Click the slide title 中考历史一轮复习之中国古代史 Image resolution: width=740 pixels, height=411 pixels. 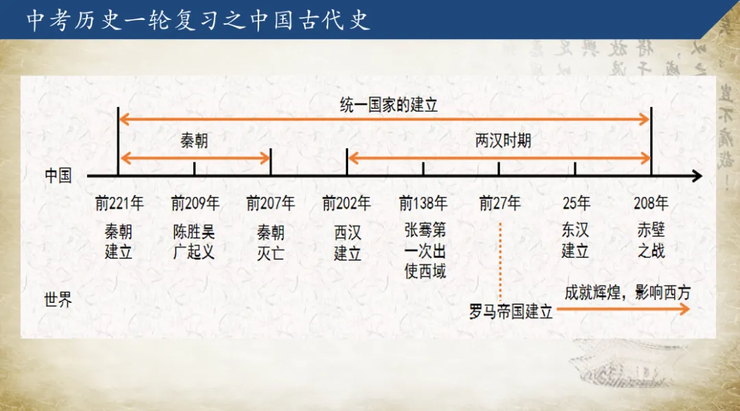pyautogui.click(x=199, y=21)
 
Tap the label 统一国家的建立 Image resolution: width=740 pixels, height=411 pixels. pyautogui.click(x=388, y=105)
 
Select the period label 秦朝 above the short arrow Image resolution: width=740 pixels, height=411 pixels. pyautogui.click(x=194, y=142)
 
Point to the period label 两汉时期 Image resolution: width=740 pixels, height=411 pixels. pyautogui.click(x=503, y=142)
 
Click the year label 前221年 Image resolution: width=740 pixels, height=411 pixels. pyautogui.click(x=119, y=203)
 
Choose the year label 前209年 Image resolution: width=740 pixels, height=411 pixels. pyautogui.click(x=195, y=203)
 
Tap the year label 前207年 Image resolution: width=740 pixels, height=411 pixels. pyautogui.click(x=271, y=203)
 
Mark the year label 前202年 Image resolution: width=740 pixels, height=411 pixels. pyautogui.click(x=347, y=203)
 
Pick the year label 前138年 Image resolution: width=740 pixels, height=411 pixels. pyautogui.click(x=423, y=203)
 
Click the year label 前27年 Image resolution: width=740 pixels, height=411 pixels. pyautogui.click(x=500, y=203)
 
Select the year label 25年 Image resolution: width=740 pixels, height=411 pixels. pyautogui.click(x=576, y=203)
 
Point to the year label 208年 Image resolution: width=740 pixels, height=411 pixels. pyautogui.click(x=651, y=203)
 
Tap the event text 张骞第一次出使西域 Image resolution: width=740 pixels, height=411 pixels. pyautogui.click(x=425, y=251)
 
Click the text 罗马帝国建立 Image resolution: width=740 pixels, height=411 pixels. pyautogui.click(x=510, y=312)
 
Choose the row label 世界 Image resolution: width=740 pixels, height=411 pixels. pyautogui.click(x=58, y=300)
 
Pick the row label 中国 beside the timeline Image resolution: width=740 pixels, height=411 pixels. pyautogui.click(x=58, y=176)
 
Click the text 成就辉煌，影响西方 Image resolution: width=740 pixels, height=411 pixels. pyautogui.click(x=628, y=292)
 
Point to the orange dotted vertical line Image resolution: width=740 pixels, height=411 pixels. pyautogui.click(x=500, y=260)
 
